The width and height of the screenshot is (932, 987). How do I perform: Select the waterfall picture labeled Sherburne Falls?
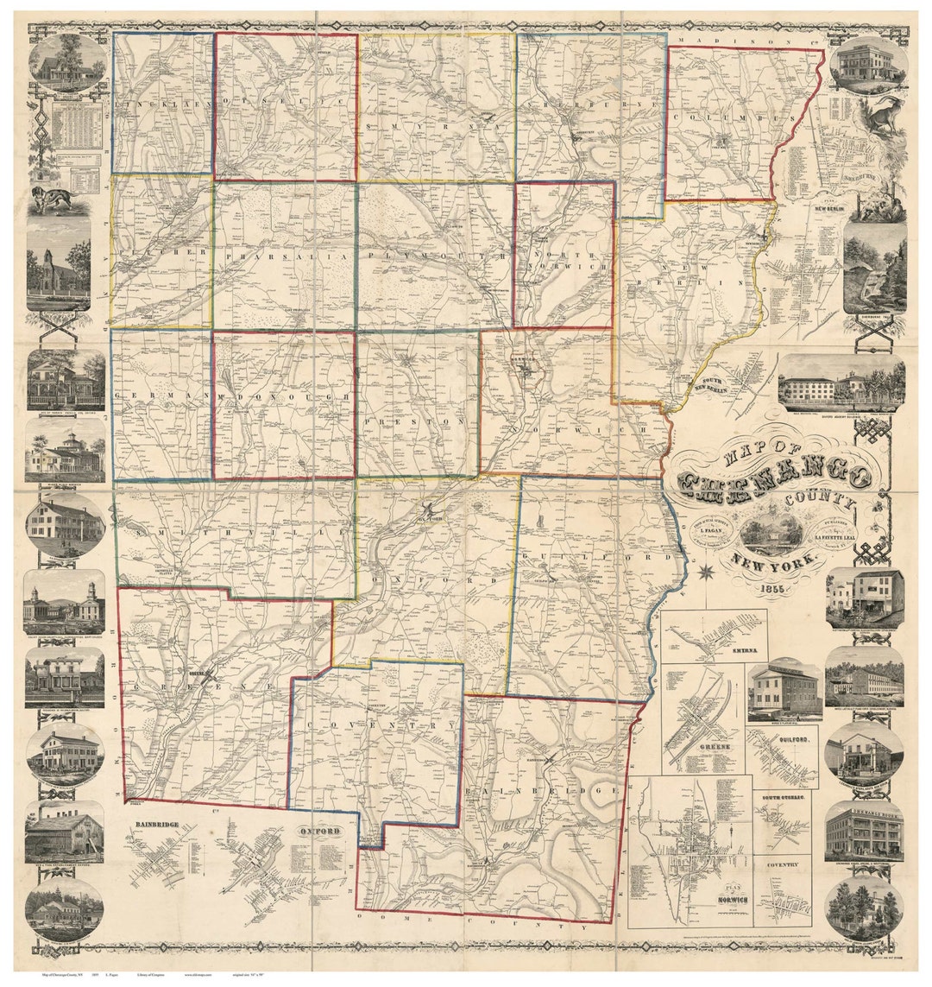click(x=874, y=269)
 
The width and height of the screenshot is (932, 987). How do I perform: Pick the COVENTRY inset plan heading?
click(x=780, y=864)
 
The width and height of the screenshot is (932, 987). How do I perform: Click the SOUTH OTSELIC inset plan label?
click(x=784, y=800)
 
